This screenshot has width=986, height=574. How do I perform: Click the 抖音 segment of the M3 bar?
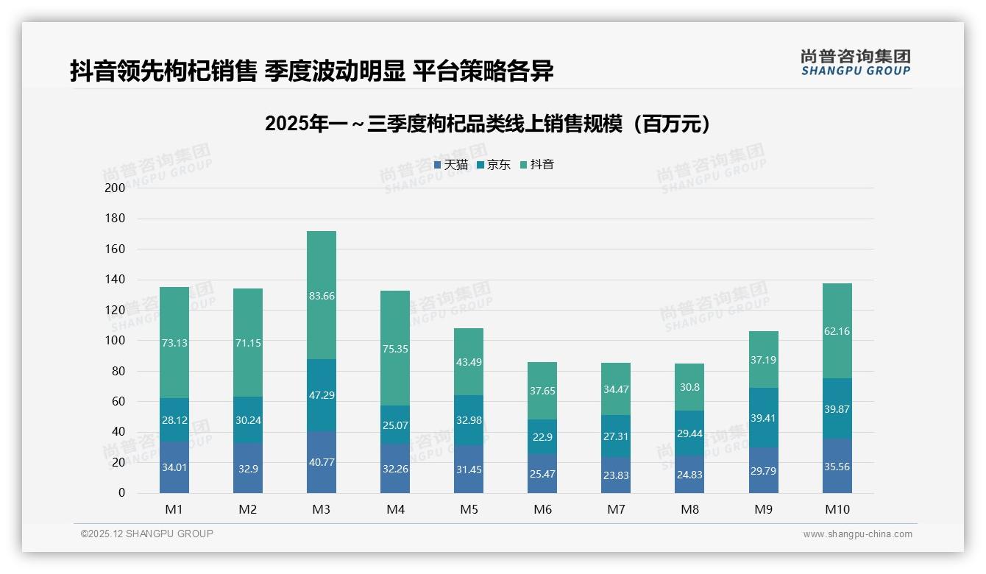click(x=322, y=294)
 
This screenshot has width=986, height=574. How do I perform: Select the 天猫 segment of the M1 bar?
click(x=174, y=467)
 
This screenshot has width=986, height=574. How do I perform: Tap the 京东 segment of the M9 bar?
click(x=764, y=417)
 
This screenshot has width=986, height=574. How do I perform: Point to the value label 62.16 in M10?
click(x=837, y=331)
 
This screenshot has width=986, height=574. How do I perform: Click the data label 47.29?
click(x=322, y=395)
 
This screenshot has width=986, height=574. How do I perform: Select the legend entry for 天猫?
click(x=451, y=165)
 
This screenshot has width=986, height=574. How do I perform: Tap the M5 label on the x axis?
click(x=469, y=509)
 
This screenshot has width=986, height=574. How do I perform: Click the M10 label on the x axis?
click(x=837, y=509)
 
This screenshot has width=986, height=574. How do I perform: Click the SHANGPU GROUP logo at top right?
click(x=856, y=63)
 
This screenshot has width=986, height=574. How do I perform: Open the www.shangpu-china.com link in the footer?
click(x=857, y=534)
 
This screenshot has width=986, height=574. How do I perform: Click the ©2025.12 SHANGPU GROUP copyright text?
click(x=147, y=534)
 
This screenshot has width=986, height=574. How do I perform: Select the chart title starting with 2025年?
click(x=489, y=124)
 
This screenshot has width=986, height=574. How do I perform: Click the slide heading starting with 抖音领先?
click(x=312, y=71)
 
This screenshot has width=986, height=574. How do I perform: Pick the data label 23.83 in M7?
click(x=617, y=475)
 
